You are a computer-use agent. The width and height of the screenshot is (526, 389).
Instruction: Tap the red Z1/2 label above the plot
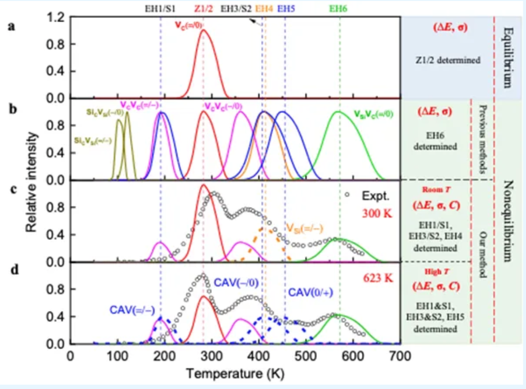(204, 8)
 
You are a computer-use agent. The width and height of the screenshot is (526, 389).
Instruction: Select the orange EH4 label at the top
(265, 8)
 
